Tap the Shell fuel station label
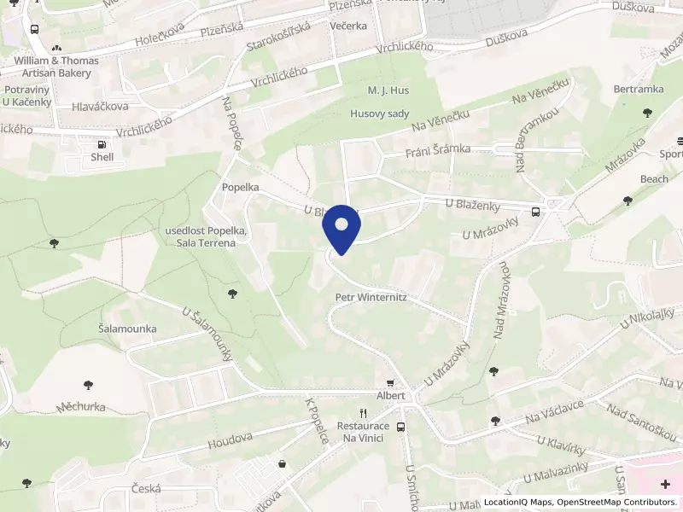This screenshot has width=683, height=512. (102, 156)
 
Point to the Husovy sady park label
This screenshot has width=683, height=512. (380, 113)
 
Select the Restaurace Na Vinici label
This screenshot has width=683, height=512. (363, 432)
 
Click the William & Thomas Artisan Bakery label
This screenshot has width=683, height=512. (55, 67)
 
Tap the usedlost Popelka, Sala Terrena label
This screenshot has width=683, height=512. (206, 237)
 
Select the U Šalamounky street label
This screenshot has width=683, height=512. (207, 335)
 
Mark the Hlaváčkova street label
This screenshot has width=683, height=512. (100, 107)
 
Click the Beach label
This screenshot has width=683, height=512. (654, 179)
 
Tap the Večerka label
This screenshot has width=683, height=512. (348, 26)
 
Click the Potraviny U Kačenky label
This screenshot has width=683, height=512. (28, 96)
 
